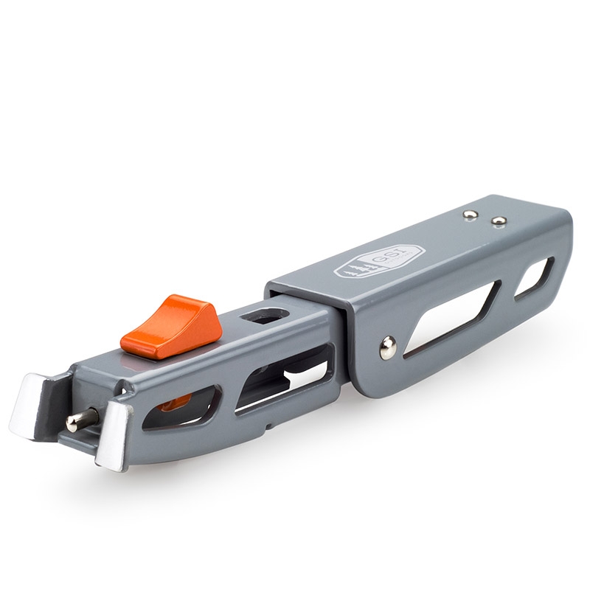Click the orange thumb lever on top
pos(170,326)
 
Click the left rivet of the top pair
pos(469,215)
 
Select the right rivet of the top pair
pos(499,221)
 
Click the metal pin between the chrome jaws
pos(82,417)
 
